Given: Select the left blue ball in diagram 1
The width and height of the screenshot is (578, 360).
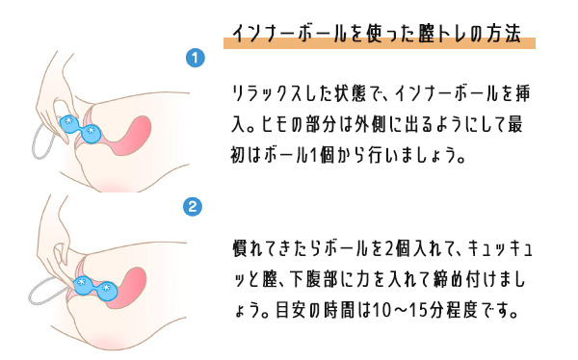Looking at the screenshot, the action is (x=69, y=124).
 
